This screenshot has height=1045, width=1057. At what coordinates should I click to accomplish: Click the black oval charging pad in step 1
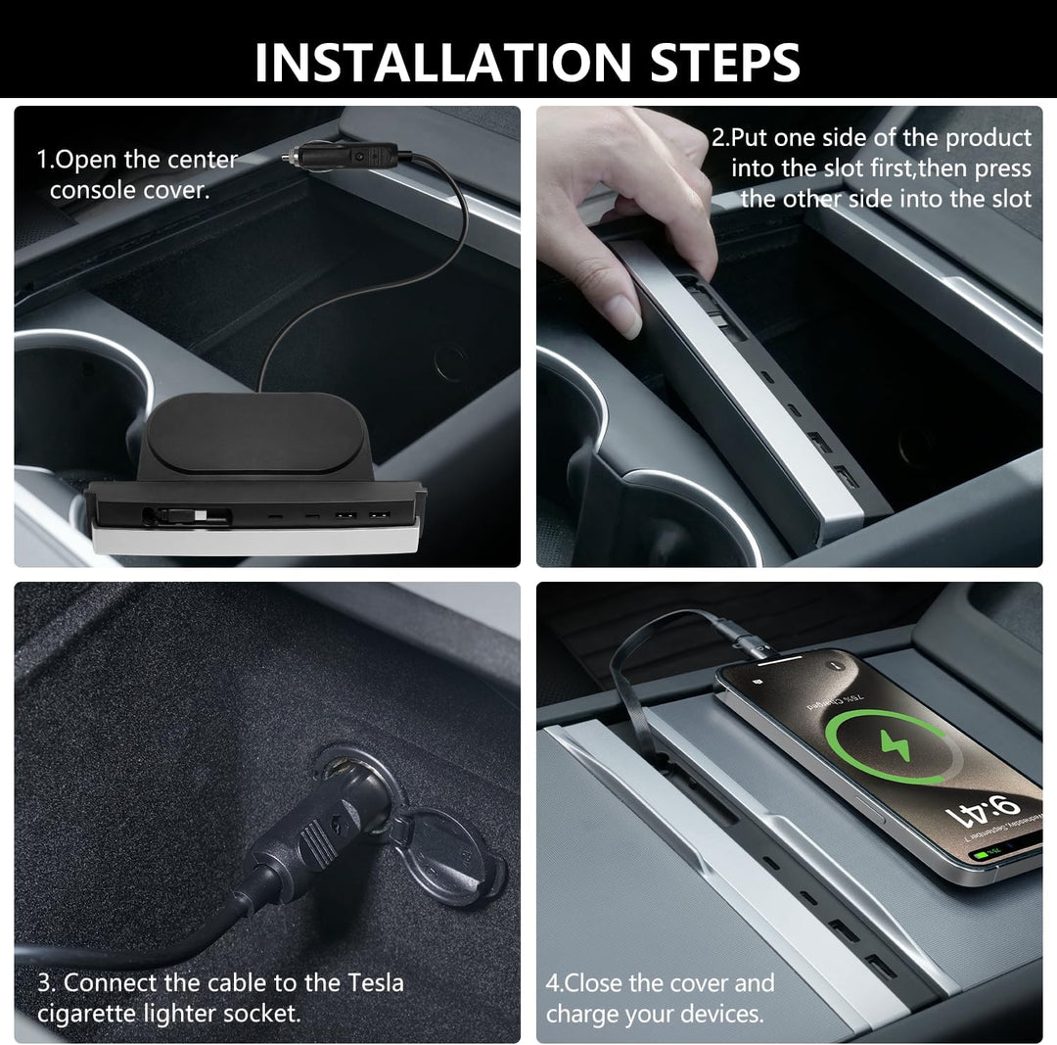pos(255,432)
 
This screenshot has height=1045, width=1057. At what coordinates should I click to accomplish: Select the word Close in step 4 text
pos(594,983)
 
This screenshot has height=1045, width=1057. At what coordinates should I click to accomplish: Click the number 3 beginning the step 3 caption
pos(44,983)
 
